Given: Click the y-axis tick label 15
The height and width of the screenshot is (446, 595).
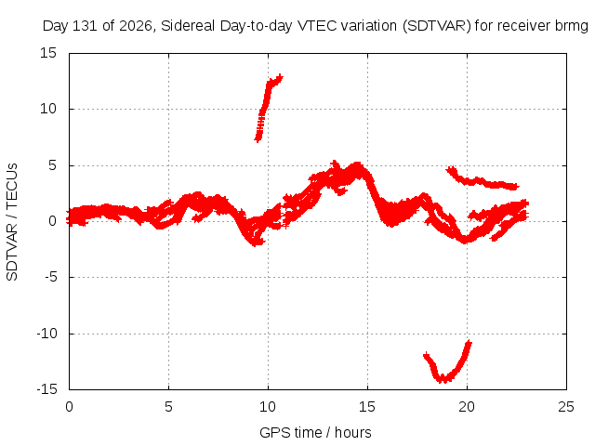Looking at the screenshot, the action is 48,53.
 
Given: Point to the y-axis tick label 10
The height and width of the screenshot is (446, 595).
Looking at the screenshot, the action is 48,109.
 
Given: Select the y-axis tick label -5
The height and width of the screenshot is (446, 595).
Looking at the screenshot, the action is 51,277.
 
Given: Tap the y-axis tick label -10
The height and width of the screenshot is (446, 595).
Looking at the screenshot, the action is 47,334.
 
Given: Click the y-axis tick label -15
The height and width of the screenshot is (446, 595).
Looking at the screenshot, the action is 47,389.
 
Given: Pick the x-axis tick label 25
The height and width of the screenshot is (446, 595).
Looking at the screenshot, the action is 566,407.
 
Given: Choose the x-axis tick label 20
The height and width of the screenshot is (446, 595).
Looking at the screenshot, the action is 467,407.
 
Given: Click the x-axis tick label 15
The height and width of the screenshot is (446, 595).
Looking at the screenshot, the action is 367,407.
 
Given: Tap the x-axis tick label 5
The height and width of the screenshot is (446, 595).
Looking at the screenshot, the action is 168,407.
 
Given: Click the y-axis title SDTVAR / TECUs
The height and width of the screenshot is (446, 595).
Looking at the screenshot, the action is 12,222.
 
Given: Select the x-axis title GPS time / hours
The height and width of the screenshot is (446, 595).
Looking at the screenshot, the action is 315,432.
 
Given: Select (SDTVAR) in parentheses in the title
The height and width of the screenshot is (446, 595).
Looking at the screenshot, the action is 437,26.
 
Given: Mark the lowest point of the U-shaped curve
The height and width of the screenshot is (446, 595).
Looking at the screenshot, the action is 443,380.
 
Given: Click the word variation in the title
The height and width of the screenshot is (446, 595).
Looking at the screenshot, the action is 369,26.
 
